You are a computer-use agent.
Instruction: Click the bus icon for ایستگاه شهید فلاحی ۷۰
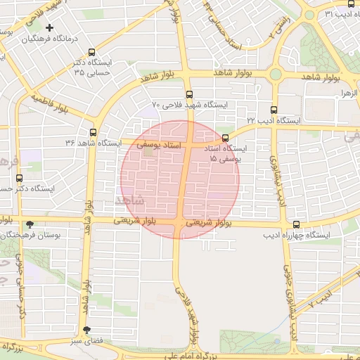point(188,94)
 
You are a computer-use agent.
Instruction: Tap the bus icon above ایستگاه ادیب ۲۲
point(274,110)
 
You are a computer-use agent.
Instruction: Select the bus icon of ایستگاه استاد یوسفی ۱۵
point(225,139)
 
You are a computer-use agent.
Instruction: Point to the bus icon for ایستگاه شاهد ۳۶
point(93,132)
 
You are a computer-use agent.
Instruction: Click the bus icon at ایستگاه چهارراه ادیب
point(295,224)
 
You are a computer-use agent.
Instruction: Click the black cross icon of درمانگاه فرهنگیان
point(49,28)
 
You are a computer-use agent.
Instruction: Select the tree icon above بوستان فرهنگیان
point(29,225)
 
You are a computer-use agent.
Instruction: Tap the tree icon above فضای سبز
point(86,330)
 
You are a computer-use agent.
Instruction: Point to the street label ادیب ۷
point(320,300)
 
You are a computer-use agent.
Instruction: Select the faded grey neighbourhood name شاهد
point(130,200)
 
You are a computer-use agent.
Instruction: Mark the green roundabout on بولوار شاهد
point(276,74)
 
